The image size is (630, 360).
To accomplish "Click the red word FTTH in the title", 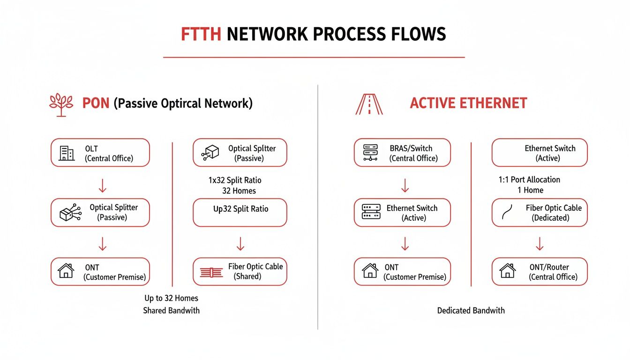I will [201, 35].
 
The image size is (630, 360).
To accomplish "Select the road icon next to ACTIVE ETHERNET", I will [369, 104].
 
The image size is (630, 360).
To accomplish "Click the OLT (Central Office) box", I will [100, 153].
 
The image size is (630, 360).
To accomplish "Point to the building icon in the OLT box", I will [66, 153].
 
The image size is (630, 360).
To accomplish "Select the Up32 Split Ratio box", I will [240, 213].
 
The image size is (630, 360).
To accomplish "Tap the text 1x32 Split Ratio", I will [235, 180].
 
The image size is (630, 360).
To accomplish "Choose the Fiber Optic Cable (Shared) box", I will [240, 271].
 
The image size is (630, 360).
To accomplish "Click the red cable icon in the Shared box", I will [211, 272].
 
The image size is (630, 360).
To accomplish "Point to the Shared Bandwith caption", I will [171, 310].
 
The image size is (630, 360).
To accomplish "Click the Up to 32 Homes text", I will [171, 298].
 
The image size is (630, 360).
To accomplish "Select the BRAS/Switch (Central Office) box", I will [402, 153].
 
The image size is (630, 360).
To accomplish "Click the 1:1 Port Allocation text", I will [529, 180].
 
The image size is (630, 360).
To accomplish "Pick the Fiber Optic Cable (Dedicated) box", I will [539, 213].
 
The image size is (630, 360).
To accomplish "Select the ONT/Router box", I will [539, 271].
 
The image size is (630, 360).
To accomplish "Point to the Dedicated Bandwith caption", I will [471, 310].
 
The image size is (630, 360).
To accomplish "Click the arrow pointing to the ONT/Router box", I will [540, 243].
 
